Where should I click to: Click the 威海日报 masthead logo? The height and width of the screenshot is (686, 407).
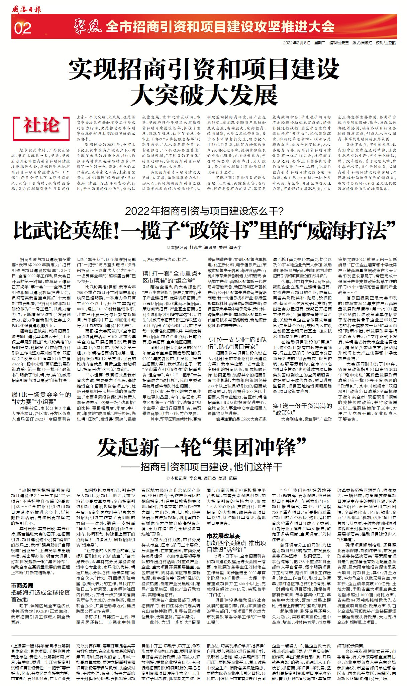pyautogui.click(x=26, y=9)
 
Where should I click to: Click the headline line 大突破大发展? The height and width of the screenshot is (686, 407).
pyautogui.click(x=204, y=95)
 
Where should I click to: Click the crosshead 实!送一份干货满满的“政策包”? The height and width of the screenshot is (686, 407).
pyautogui.click(x=302, y=409)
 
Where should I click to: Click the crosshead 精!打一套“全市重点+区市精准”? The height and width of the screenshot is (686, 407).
pyautogui.click(x=172, y=277)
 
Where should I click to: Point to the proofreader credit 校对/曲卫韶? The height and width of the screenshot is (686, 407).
pyautogui.click(x=385, y=43)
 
